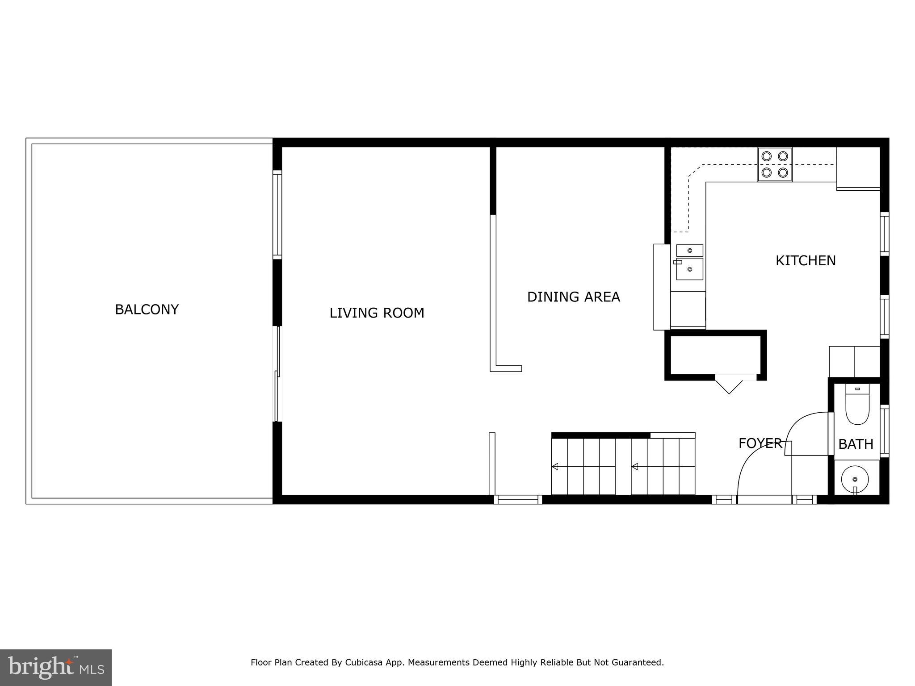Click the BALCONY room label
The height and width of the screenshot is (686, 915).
coord(147,309)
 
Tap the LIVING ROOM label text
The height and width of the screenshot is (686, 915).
coord(377,313)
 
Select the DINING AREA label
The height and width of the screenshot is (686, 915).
coord(573,297)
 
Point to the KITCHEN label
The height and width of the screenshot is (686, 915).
coord(805,260)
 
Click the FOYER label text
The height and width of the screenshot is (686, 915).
coord(760,443)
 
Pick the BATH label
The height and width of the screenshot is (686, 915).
coord(856,444)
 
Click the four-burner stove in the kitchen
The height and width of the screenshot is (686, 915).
coord(774,164)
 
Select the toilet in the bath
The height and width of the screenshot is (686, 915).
coord(857,405)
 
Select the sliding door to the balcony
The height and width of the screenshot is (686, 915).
coord(277,374)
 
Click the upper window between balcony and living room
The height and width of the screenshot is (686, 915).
coord(277,214)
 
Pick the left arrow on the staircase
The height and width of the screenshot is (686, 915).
coord(555,467)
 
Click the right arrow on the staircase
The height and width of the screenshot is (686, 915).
coord(634,467)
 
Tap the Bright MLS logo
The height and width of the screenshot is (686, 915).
coord(55,667)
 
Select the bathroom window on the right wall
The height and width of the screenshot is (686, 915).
coord(884,431)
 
